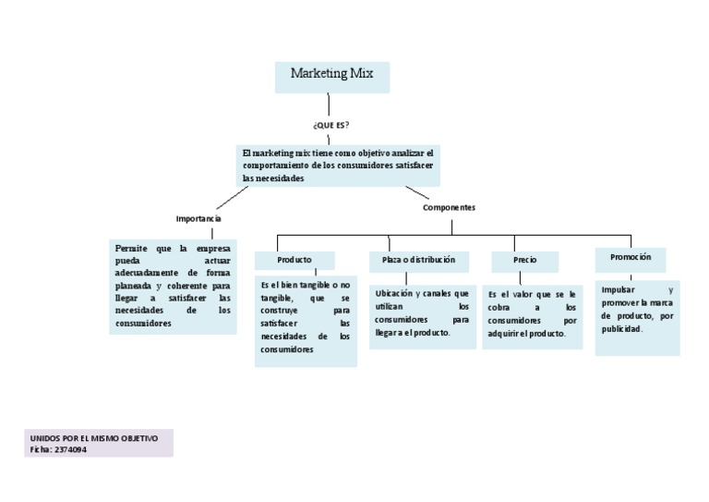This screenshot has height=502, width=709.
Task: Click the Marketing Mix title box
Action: tap(331, 77)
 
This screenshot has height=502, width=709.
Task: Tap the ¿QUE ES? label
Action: tap(330, 123)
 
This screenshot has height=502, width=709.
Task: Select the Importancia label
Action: tap(198, 218)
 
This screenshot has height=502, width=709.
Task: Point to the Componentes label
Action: tap(449, 208)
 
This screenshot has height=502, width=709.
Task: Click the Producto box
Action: tap(294, 260)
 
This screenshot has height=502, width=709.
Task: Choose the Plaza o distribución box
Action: tap(418, 260)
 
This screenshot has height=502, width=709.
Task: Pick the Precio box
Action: tap(524, 261)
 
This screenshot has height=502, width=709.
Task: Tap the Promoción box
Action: tap(631, 258)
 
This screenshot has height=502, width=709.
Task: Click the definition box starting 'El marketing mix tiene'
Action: tap(338, 165)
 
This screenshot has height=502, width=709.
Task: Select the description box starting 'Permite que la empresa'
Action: tap(173, 286)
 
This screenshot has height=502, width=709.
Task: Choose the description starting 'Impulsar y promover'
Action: tap(637, 316)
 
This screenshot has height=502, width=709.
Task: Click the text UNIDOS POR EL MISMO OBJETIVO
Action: tap(94, 437)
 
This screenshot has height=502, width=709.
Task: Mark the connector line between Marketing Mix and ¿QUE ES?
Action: tap(329, 104)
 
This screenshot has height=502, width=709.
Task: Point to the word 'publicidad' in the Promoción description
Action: tap(621, 328)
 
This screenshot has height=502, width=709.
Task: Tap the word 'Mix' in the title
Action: tap(360, 74)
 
